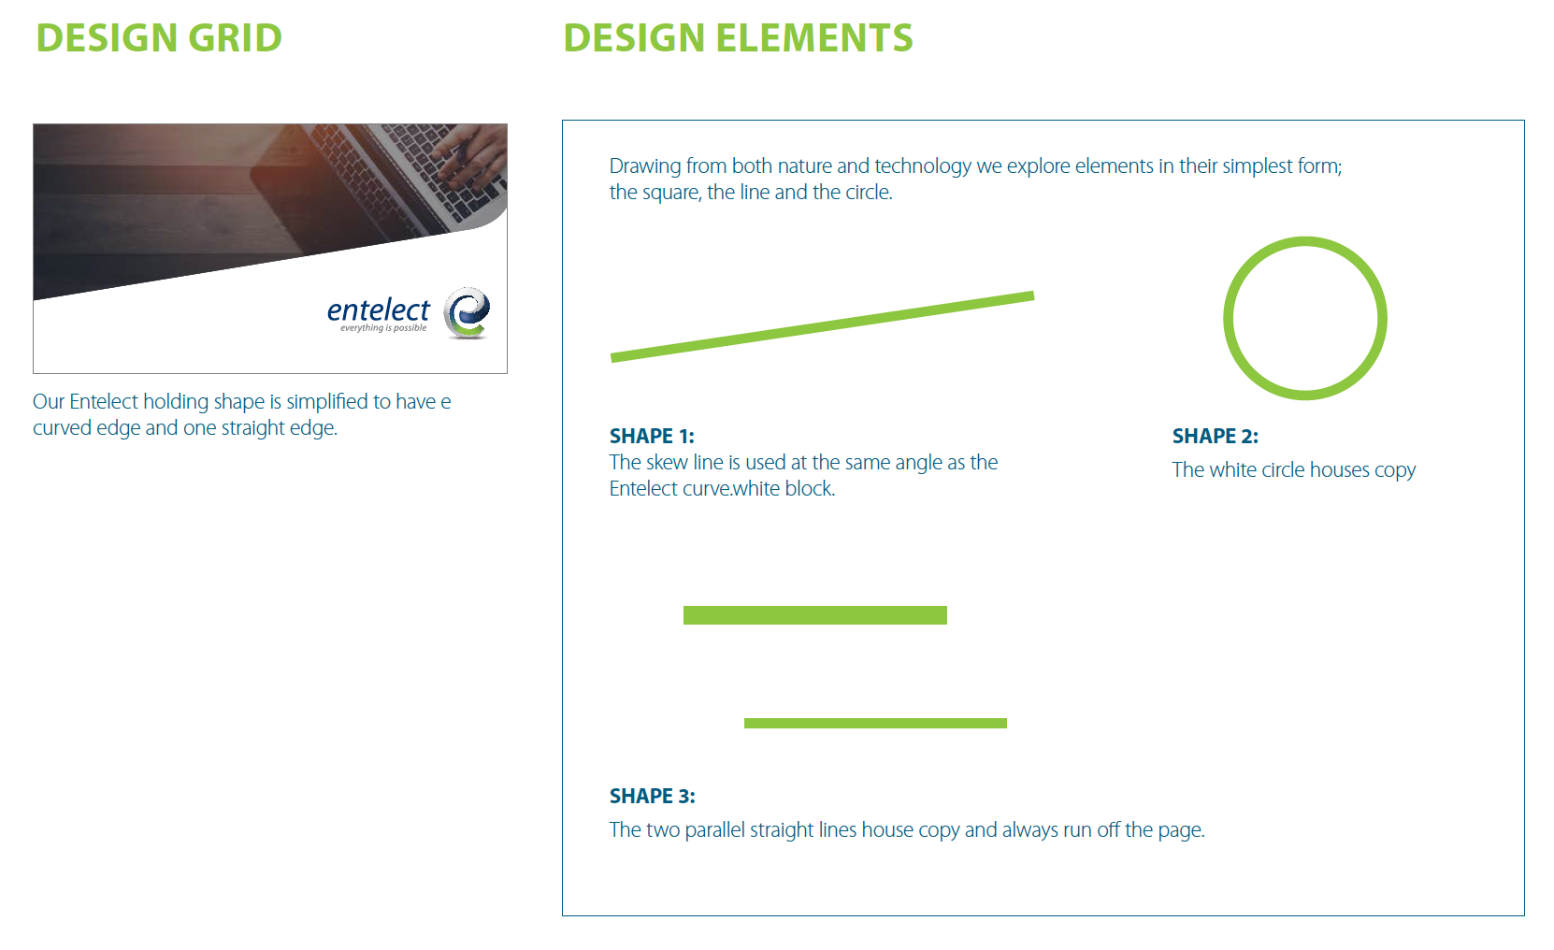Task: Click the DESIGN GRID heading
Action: (159, 37)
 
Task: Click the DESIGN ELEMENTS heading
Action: (738, 37)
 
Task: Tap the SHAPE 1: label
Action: (652, 436)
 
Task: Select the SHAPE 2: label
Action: (1215, 436)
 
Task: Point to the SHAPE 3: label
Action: (652, 796)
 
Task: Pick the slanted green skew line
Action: (822, 326)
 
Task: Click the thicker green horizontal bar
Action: (815, 615)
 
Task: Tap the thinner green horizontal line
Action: (875, 723)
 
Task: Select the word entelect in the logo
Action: (379, 309)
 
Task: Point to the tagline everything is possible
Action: (383, 328)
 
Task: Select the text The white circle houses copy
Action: (1294, 470)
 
